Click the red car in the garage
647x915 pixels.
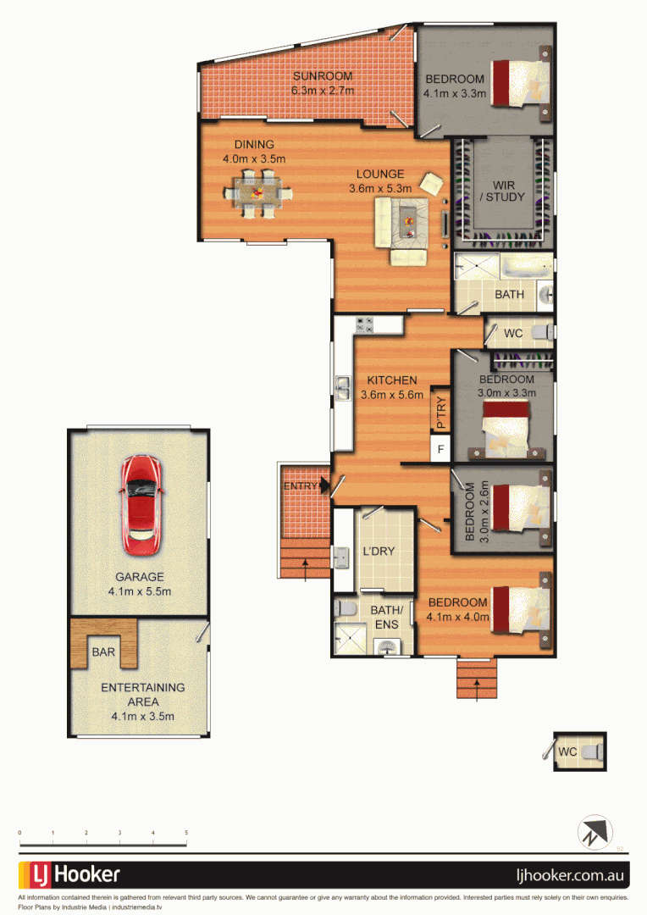139,503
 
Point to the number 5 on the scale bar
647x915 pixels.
185,833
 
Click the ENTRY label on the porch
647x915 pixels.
301,485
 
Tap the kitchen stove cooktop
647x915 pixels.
365,323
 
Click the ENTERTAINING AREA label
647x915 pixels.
142,695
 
